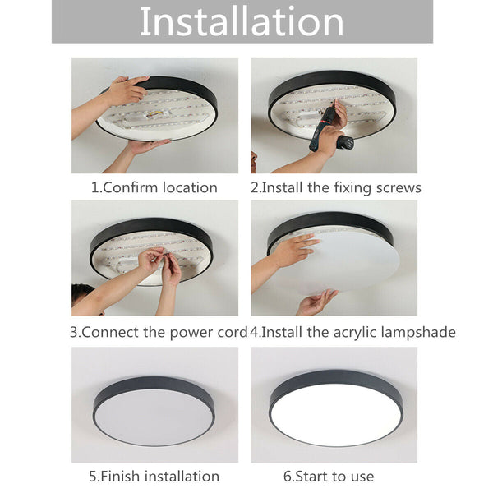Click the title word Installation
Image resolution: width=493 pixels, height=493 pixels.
click(x=242, y=22)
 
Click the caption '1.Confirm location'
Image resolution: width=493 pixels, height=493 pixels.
click(x=154, y=187)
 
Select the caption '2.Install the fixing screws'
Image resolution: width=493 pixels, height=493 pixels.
click(x=335, y=187)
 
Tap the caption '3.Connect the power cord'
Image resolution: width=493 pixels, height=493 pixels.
click(x=159, y=333)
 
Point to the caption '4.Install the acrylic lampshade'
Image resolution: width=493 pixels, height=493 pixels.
click(x=352, y=333)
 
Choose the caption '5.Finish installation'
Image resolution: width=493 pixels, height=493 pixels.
click(x=154, y=476)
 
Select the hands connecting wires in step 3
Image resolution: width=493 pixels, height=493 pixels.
click(x=160, y=265)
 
